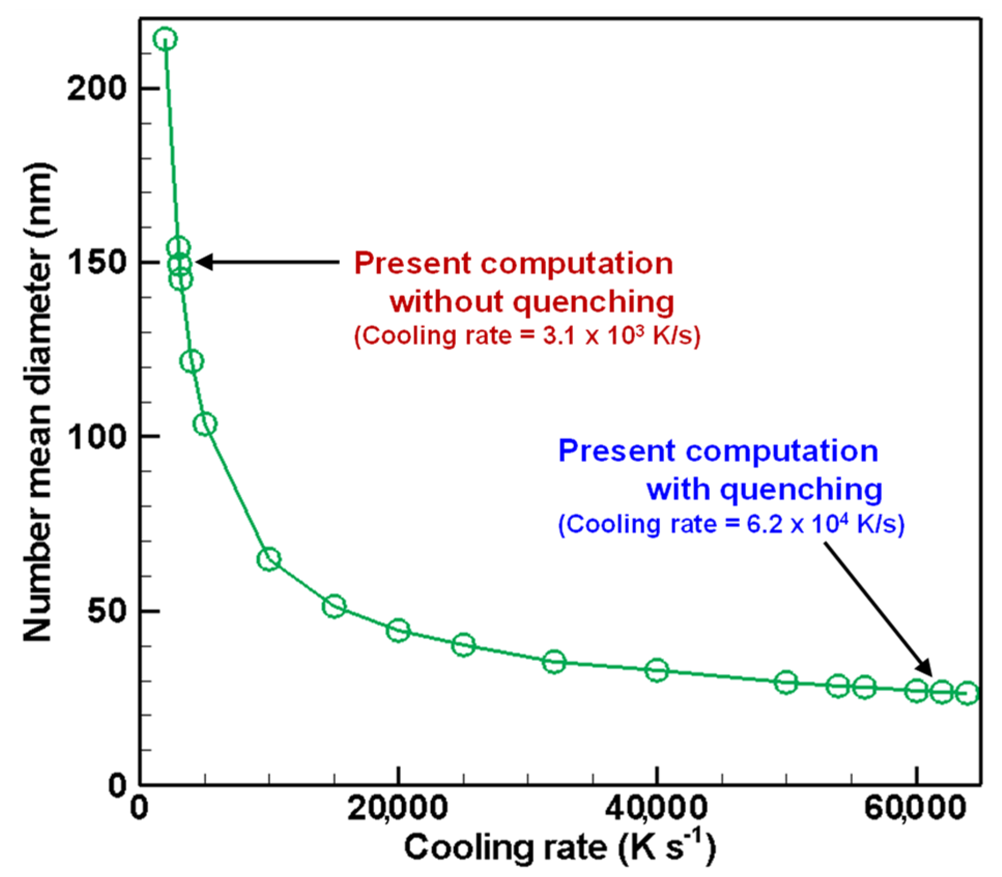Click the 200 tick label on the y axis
97,89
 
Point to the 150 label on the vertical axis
97,263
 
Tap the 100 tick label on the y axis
97,437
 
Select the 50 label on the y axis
107,611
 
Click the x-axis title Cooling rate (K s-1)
559,848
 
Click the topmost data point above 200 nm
165,39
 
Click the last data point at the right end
967,693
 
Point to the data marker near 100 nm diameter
205,424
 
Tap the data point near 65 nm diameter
269,559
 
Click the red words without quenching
532,301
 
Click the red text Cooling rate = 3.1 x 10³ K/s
527,336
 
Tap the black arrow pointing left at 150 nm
267,262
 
